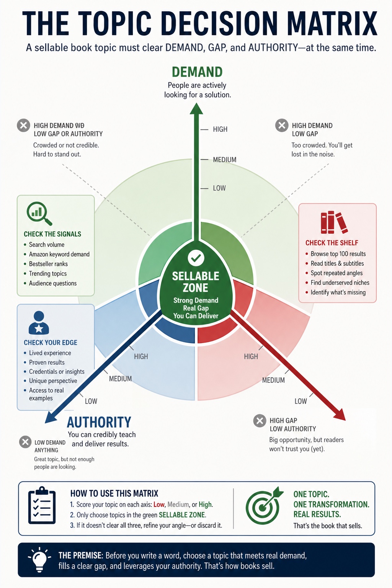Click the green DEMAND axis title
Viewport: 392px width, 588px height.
coord(197,72)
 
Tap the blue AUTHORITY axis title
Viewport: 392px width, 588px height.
coord(99,422)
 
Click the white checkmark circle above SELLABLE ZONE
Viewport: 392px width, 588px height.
coord(196,258)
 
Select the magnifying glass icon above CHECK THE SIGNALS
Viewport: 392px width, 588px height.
coord(39,214)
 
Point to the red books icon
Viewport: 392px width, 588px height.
coord(334,222)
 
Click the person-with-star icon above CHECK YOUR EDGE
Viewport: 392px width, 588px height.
coord(39,323)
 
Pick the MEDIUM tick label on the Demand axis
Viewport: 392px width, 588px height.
coord(225,160)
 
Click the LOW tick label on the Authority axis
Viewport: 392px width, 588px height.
coord(91,401)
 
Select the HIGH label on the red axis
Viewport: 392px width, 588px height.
coord(251,356)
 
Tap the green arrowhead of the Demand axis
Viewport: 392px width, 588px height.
coord(196,109)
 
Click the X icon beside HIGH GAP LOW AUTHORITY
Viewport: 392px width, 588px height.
coord(260,421)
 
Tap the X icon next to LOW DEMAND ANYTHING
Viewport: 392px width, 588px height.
coord(26,442)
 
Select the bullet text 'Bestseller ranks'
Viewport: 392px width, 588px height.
coord(48,264)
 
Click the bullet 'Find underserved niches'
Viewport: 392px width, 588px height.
coord(340,283)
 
